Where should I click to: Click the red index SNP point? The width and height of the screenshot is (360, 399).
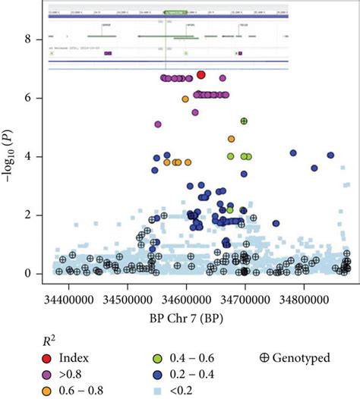point(201,74)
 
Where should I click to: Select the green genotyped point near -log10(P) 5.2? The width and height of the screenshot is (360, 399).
point(244,121)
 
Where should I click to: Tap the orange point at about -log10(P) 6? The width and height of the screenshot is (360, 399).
point(185,99)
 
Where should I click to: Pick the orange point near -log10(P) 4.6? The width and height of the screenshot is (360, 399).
point(232,139)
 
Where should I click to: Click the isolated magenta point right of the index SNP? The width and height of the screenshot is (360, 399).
point(223,78)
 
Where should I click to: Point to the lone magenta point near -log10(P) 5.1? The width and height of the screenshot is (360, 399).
point(158,124)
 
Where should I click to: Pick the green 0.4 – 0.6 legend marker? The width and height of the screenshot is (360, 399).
point(155,357)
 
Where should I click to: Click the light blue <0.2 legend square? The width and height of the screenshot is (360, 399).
point(155,390)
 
